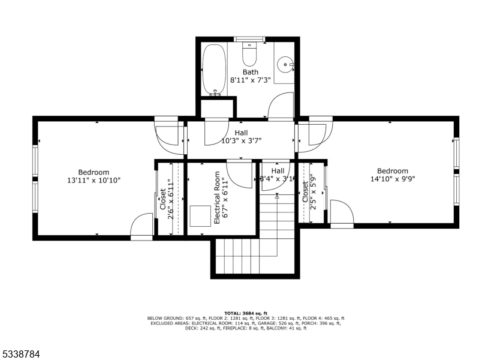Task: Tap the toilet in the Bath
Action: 249,55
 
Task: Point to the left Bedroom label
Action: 94,172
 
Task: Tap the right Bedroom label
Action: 393,170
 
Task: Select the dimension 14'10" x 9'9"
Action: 393,179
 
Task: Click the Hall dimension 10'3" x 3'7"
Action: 241,141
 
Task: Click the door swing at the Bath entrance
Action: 281,106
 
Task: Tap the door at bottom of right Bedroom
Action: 341,214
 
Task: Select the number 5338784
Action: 22,354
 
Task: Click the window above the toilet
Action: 249,40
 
